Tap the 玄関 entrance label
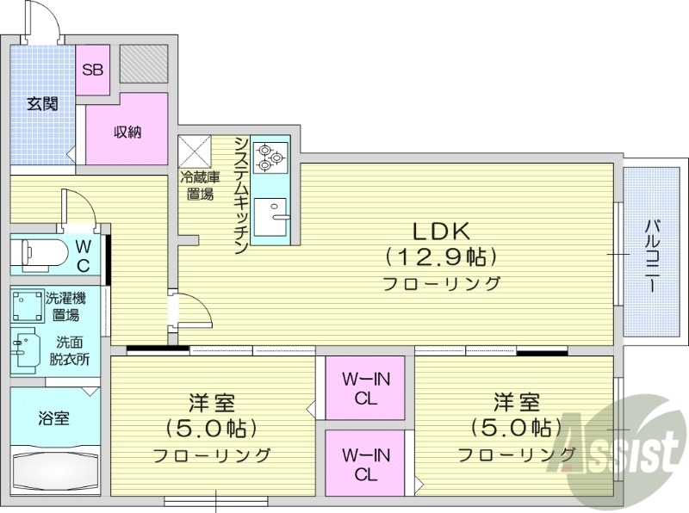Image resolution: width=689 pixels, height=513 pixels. click(x=41, y=105)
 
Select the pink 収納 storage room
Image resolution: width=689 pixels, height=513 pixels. click(x=127, y=132)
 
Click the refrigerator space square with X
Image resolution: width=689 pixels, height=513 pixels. click(x=195, y=151)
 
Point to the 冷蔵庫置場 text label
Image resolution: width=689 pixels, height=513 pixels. click(x=199, y=186)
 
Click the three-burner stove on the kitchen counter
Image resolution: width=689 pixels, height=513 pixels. click(x=270, y=155)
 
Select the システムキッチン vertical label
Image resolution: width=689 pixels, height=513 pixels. click(x=242, y=195)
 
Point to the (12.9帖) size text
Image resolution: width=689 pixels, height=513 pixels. click(x=441, y=256)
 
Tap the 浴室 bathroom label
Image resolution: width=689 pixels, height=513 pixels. click(x=53, y=418)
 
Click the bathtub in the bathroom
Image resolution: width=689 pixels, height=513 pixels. click(x=54, y=471)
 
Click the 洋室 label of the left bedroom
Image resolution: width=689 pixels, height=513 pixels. click(x=212, y=402)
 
